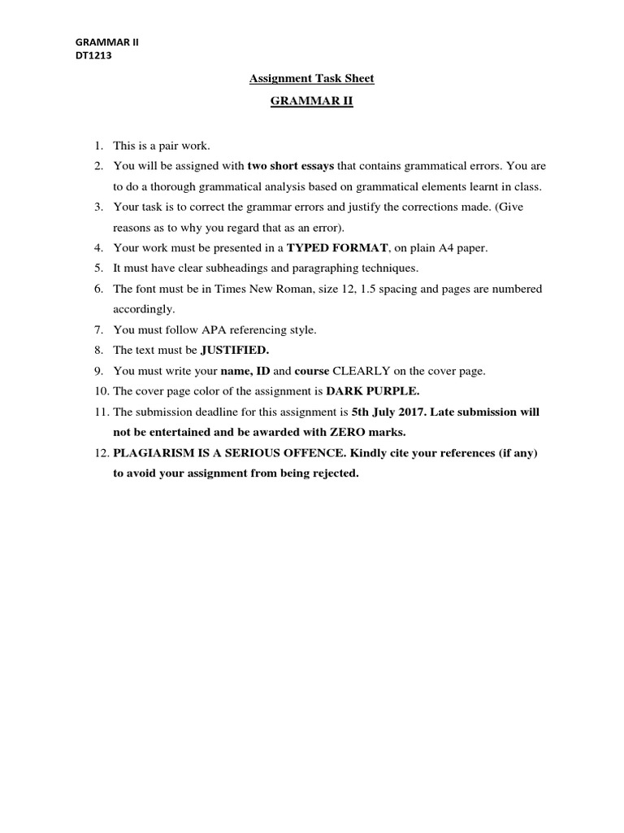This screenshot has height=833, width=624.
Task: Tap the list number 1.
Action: coord(97,146)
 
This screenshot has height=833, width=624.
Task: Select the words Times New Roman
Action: coord(269,289)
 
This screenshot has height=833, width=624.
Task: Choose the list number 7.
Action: coord(97,330)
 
